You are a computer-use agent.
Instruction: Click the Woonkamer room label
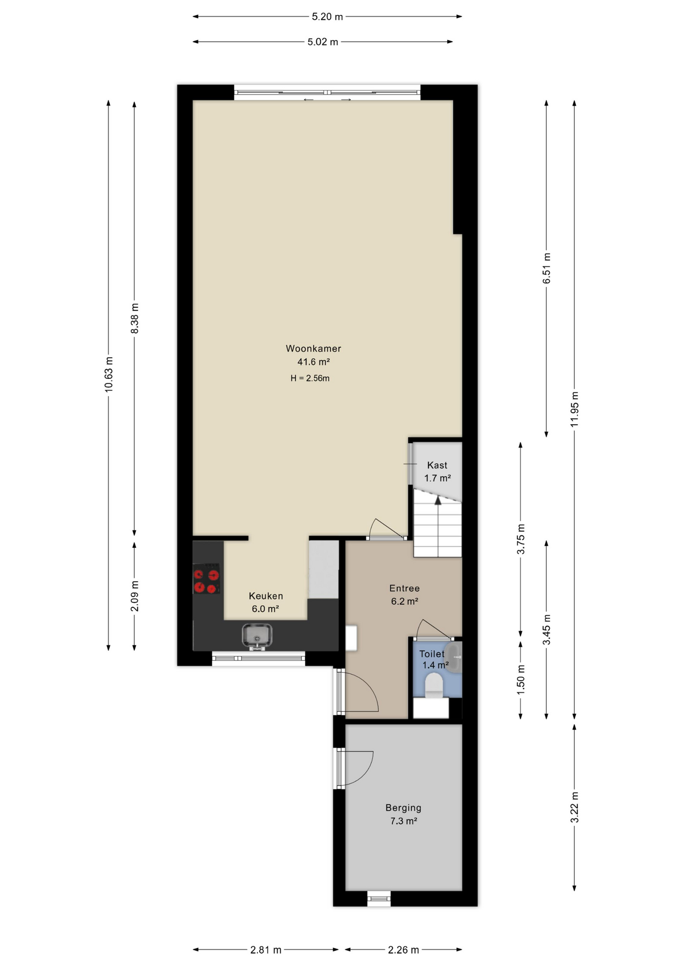click(x=313, y=348)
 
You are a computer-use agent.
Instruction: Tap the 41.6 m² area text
click(x=313, y=362)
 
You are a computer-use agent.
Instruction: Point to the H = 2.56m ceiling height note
click(x=310, y=378)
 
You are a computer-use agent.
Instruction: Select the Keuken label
click(x=266, y=596)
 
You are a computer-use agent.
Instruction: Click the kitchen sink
click(x=257, y=635)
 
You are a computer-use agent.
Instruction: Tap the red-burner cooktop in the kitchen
click(x=207, y=579)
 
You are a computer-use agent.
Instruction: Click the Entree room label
click(x=404, y=588)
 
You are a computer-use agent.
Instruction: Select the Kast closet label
click(x=437, y=465)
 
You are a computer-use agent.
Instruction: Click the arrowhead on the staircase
click(x=438, y=500)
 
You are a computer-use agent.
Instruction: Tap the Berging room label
click(x=403, y=808)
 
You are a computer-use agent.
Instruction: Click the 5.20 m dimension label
click(x=327, y=17)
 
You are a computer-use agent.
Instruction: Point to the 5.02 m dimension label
click(x=323, y=42)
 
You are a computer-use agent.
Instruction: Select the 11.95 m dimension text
click(x=574, y=409)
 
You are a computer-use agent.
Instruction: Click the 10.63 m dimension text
click(x=109, y=374)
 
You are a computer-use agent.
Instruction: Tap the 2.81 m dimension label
click(x=266, y=950)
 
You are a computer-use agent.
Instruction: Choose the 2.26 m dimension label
click(x=403, y=950)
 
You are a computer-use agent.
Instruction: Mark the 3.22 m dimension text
click(x=574, y=808)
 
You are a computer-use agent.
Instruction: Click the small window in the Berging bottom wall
click(x=379, y=898)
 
